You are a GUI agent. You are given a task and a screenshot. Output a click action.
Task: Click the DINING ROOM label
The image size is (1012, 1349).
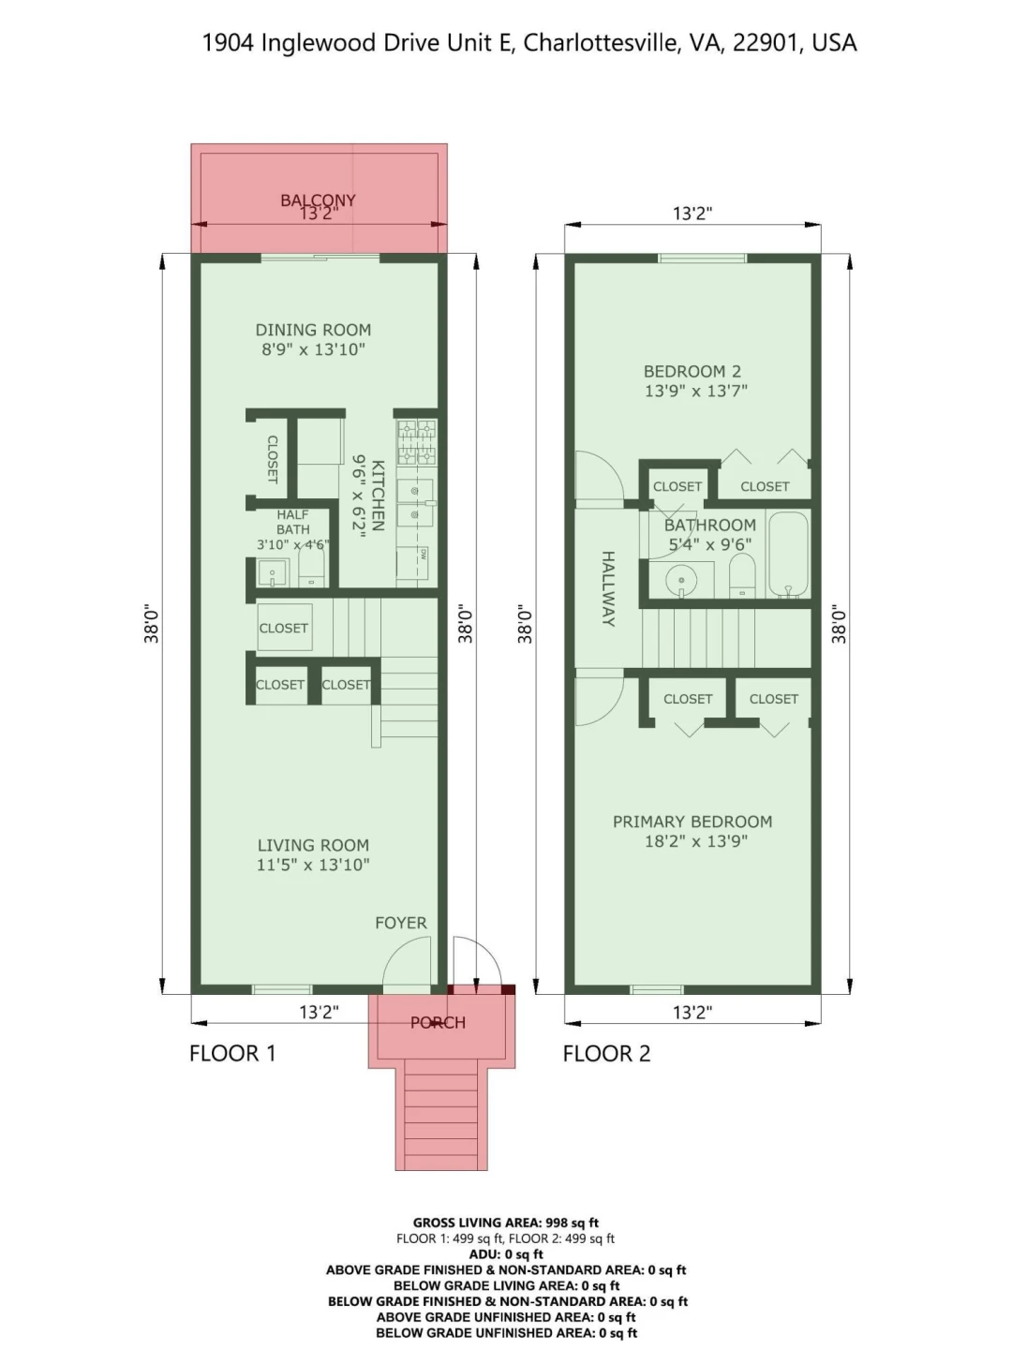point(313,330)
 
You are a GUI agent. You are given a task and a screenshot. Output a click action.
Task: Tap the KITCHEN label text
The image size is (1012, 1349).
point(379,496)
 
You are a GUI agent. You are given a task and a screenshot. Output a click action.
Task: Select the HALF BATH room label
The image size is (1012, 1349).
point(293,522)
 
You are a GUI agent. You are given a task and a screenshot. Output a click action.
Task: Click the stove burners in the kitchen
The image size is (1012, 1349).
point(417,442)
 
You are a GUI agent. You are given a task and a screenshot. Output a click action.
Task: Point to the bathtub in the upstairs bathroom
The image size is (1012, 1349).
point(788,554)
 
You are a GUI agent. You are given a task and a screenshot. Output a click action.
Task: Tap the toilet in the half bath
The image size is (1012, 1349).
point(311,566)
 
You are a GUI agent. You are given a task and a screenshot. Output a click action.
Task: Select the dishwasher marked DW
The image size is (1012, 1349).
point(413,563)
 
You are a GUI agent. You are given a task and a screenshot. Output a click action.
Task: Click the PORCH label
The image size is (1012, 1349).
point(439,1023)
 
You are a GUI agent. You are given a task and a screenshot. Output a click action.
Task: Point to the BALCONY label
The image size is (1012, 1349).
point(318,200)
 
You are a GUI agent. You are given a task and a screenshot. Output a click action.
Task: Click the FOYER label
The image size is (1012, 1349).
point(401,923)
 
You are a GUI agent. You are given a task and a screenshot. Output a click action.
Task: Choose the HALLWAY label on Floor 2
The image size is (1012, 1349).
point(608,588)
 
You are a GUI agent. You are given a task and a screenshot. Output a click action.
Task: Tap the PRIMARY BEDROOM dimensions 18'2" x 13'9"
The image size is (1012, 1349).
point(696,840)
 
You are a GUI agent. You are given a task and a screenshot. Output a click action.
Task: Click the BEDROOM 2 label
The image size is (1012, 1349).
point(692,371)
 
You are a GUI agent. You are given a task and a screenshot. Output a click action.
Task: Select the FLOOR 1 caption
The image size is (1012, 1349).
point(233,1053)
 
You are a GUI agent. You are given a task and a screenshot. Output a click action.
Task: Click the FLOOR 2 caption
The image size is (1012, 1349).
point(606,1053)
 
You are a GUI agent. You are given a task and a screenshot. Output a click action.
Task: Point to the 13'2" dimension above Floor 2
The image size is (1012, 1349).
point(692,214)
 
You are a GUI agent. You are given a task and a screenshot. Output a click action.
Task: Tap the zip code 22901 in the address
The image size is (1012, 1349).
point(767,42)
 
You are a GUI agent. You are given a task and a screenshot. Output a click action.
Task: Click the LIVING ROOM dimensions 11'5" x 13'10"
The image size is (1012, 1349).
point(313,865)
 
